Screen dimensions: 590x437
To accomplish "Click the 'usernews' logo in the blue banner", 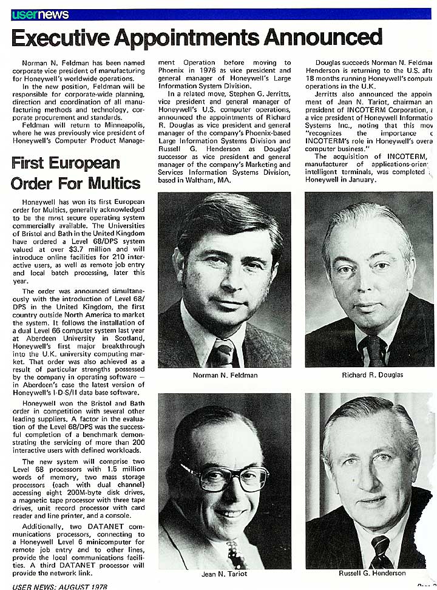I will (x=40, y=14).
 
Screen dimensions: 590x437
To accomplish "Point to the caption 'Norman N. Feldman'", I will (x=225, y=375).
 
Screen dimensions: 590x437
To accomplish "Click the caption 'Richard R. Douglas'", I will (x=372, y=375).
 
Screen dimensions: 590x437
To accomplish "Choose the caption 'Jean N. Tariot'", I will (x=224, y=573).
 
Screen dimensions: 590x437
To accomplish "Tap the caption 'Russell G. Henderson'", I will (x=372, y=573).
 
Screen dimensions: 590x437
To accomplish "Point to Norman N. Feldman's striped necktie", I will (x=223, y=353).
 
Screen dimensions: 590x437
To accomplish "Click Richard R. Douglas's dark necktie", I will (x=372, y=351).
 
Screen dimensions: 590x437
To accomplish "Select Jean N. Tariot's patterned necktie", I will (x=232, y=554).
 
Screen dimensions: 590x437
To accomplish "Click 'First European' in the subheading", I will (x=65, y=163).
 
